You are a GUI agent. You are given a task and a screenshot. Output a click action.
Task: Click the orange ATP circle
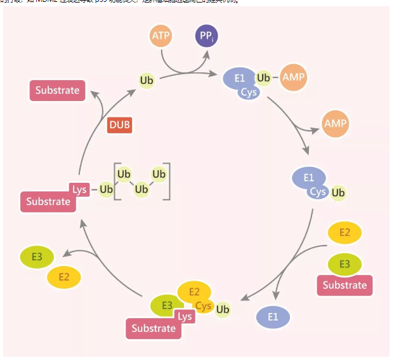pos(161,36)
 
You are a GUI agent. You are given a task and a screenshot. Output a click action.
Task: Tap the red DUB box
pos(119,124)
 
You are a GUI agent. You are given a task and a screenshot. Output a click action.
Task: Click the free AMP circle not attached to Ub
pos(335,123)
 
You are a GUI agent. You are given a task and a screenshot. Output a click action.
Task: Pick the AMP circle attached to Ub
pos(294,77)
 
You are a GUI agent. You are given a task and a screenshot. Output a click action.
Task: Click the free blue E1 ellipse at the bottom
pos(273,317)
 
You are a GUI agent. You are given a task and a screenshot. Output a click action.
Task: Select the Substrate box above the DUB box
pos(57,90)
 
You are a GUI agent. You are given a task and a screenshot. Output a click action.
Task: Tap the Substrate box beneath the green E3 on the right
pos(345,285)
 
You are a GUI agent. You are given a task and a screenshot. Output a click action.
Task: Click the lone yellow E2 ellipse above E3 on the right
pos(345,232)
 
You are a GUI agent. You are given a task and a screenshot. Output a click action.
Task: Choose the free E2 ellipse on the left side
pos(64,277)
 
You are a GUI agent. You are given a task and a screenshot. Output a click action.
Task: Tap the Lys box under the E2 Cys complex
pos(185,316)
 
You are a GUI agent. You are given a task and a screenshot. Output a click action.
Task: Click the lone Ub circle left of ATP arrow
pos(147,81)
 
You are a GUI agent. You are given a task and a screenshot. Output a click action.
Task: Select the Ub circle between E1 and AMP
pos(263,77)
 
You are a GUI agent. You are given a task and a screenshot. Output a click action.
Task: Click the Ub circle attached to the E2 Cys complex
pos(222,310)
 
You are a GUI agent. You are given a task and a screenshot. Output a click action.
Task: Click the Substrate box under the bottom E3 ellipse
pos(154,328)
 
